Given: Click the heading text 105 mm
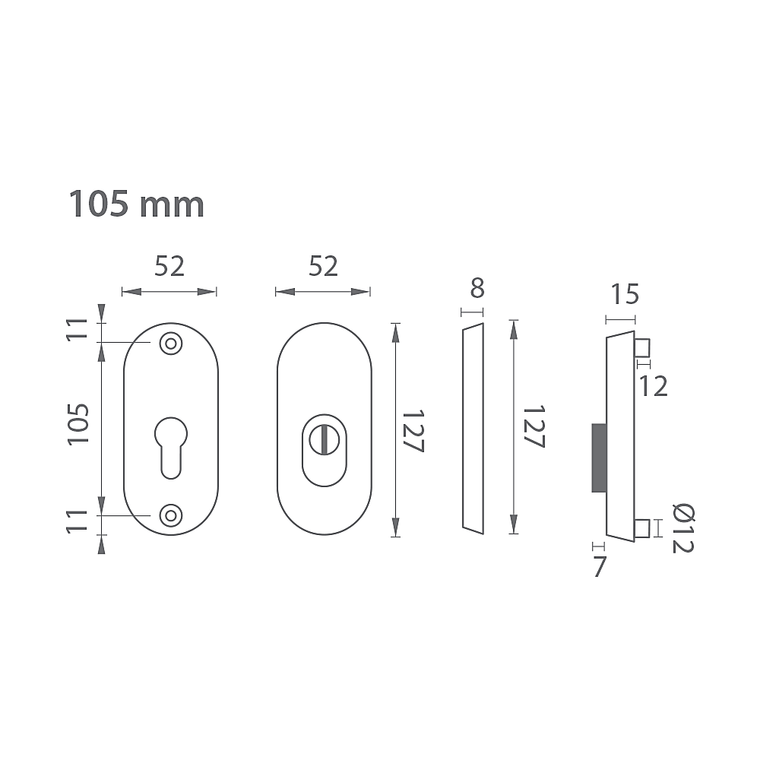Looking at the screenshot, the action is (x=137, y=204).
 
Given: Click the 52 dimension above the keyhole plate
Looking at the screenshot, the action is (x=169, y=267).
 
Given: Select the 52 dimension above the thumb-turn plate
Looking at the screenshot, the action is (x=323, y=267).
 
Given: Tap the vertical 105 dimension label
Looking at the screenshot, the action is (x=78, y=423).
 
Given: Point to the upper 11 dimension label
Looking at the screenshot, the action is (x=78, y=330).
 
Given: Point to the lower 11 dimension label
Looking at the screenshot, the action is (x=78, y=521).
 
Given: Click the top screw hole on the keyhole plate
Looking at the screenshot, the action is (x=170, y=344).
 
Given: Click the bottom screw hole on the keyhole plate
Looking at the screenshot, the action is (x=170, y=515).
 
